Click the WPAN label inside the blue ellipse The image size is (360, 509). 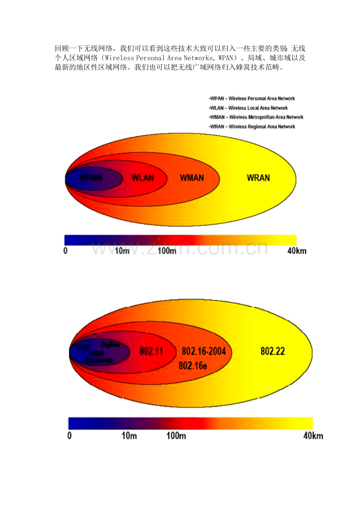coord(91,178)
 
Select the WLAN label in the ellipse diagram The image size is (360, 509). coord(143,178)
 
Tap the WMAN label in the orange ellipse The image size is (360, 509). coord(192,178)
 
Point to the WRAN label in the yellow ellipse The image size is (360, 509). coord(258,178)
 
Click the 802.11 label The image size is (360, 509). coord(151,351)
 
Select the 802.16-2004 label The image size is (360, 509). coord(204,351)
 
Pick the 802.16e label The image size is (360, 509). coord(193,366)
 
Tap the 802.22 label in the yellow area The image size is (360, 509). coord(273,351)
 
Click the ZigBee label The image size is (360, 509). coord(110,345)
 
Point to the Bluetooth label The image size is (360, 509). coord(100,360)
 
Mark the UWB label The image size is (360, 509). coord(97,353)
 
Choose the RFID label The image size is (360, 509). coord(83,347)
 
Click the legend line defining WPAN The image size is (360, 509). coord(252,99)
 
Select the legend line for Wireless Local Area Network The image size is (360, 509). coord(249,108)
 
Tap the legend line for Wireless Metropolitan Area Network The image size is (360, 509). coord(257,117)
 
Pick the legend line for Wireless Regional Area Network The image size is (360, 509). coord(252,127)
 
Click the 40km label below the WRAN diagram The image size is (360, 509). coord(297,251)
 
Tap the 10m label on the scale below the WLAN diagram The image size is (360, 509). coord(122,251)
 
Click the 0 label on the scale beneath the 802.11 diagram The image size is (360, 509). coord(70,436)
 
